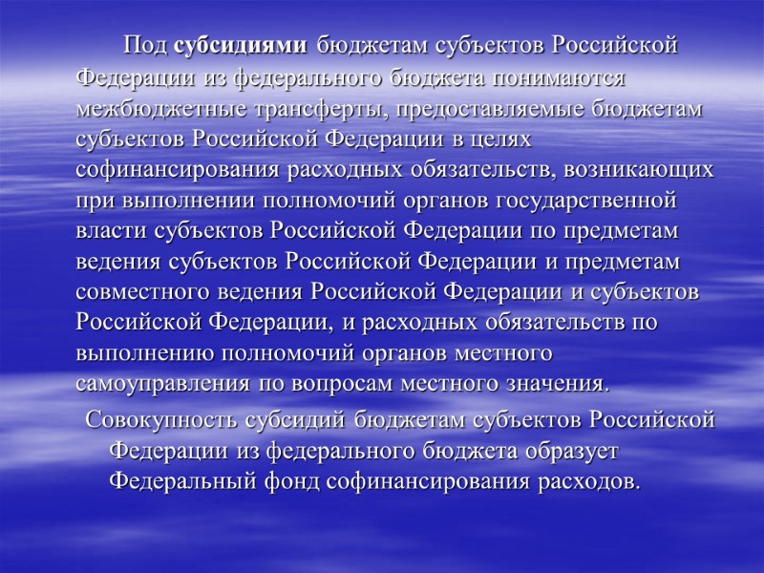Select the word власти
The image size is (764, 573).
(108, 232)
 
